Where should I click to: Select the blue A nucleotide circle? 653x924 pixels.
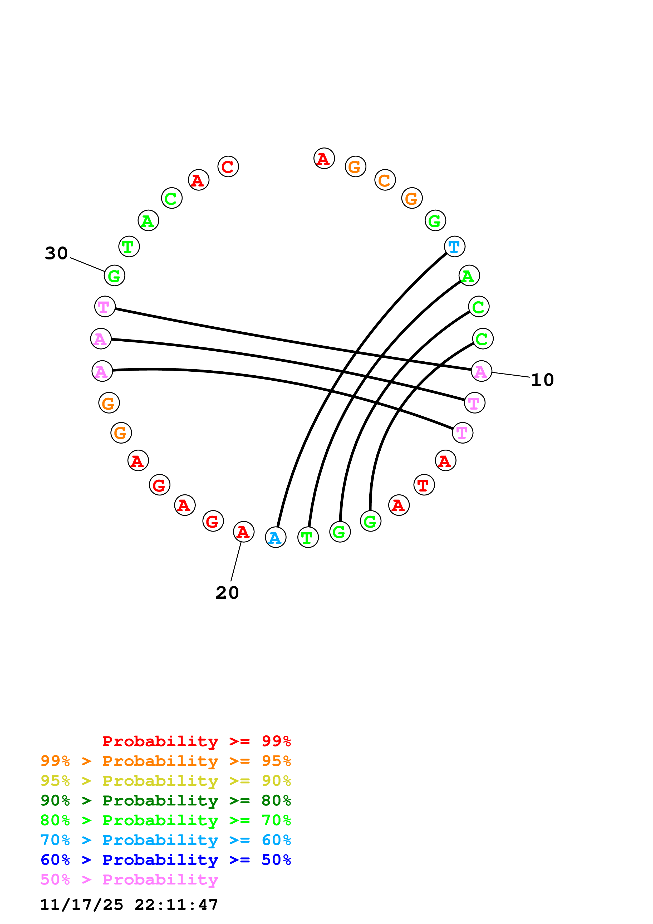point(275,537)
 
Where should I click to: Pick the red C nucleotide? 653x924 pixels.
point(228,166)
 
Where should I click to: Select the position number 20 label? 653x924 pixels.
point(227,593)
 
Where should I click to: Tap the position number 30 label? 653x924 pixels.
point(56,253)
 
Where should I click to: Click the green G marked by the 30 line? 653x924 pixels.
point(114,276)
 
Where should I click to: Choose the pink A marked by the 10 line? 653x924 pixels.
point(481,371)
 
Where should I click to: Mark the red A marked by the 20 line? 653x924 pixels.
point(243,532)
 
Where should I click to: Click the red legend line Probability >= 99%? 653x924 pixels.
point(196,741)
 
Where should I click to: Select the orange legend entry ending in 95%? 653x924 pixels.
point(165,761)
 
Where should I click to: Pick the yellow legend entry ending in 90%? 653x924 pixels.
point(165,781)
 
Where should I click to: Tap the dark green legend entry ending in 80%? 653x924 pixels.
point(165,800)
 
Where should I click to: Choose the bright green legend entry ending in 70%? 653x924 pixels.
point(165,820)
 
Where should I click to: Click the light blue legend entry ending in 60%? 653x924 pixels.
point(165,840)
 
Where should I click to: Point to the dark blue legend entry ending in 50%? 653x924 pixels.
point(165,860)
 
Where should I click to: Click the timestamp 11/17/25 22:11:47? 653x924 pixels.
point(129,905)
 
